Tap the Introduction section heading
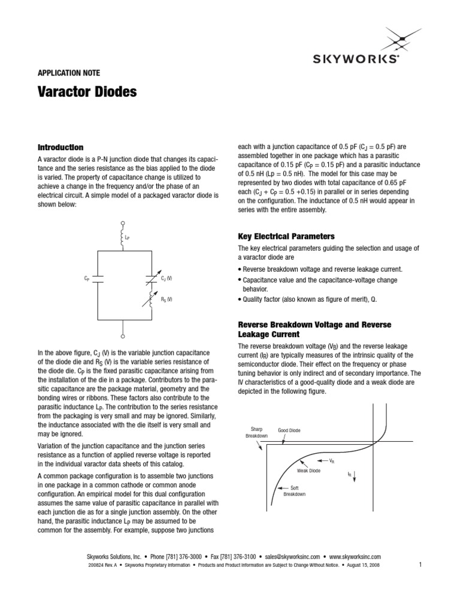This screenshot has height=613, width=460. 60,147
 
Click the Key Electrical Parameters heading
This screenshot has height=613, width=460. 286,236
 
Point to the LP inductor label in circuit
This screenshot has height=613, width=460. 128,238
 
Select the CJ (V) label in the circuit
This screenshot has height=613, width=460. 166,279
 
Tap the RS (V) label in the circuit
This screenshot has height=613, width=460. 166,299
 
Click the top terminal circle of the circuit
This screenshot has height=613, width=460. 123,221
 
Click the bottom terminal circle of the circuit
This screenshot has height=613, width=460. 123,329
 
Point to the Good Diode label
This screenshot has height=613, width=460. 289,430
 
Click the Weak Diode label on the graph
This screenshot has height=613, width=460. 308,471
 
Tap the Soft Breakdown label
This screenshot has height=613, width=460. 294,491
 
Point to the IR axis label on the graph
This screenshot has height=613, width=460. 349,474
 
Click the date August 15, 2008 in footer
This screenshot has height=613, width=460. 362,565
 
